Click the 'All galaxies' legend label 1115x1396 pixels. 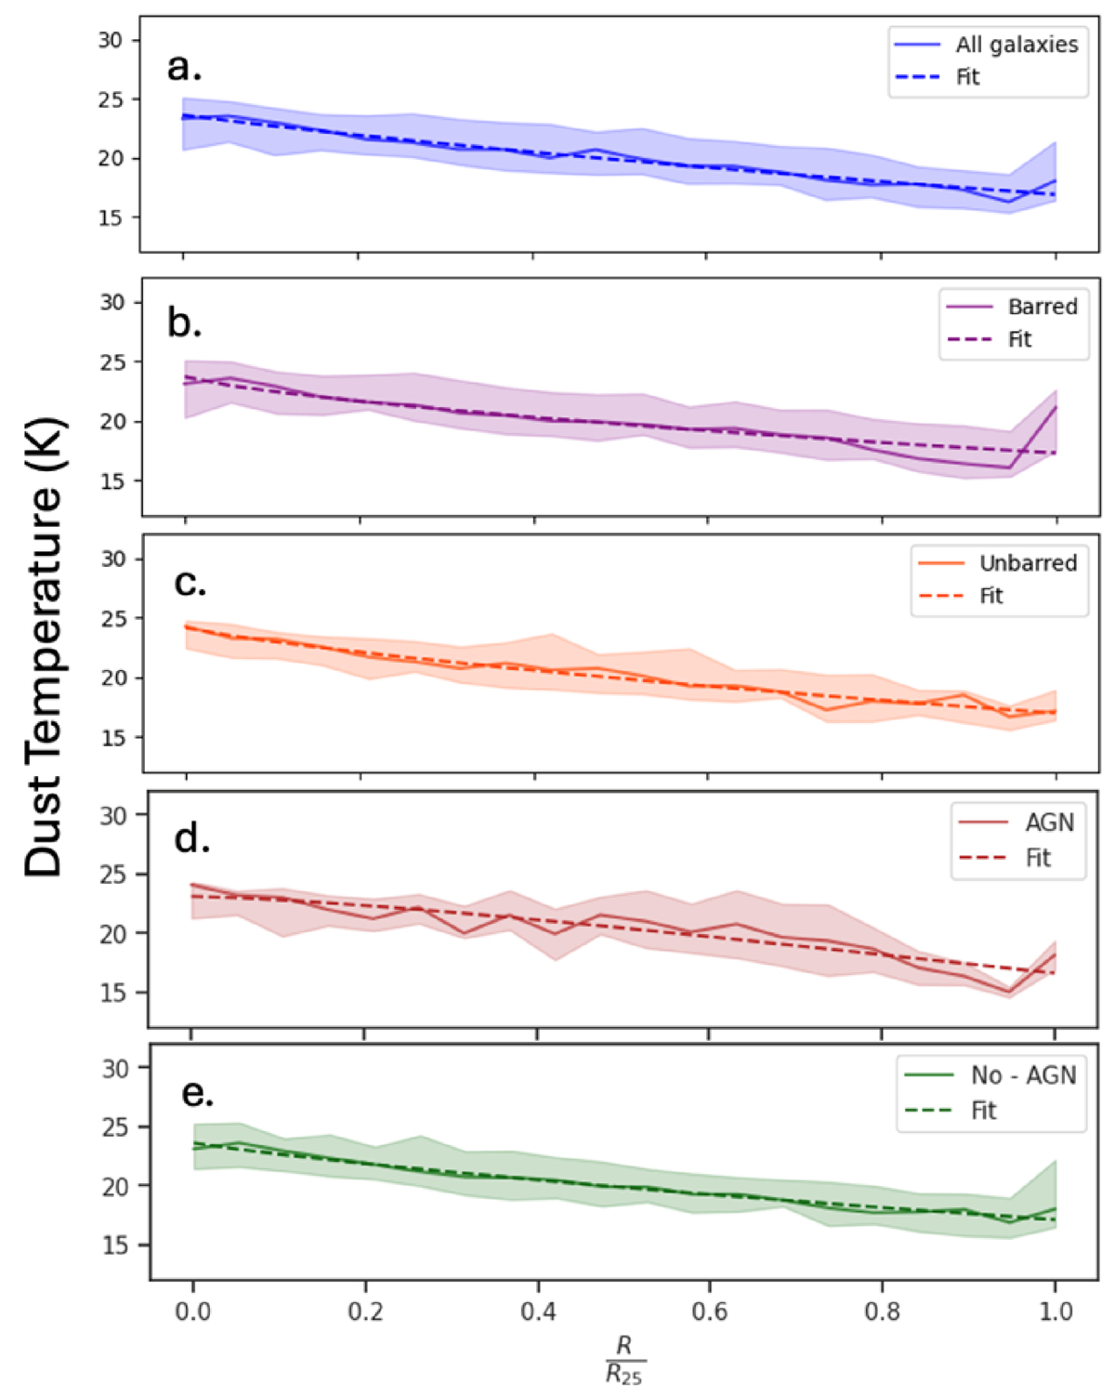tap(1017, 45)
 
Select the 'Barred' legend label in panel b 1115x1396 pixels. tap(1043, 307)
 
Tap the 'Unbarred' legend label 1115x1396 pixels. tap(1028, 563)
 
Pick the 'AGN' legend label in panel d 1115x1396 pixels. tap(1049, 823)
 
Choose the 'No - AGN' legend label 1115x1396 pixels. tap(1023, 1075)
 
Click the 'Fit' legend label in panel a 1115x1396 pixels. tap(967, 77)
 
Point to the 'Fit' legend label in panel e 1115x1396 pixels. tap(983, 1111)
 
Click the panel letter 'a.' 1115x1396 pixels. tap(184, 67)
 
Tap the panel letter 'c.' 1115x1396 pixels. tap(190, 583)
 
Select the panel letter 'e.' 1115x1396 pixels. tap(197, 1093)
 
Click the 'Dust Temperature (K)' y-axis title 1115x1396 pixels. tap(44, 646)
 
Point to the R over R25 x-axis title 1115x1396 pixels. tap(624, 1359)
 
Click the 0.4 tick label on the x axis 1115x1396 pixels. tap(538, 1311)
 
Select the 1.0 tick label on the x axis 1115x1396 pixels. tap(1056, 1311)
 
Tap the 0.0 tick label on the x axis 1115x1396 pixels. tap(192, 1311)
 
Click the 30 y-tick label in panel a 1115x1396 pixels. tap(111, 40)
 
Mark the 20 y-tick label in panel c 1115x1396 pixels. tap(113, 678)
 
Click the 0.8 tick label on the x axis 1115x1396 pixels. tap(883, 1311)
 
